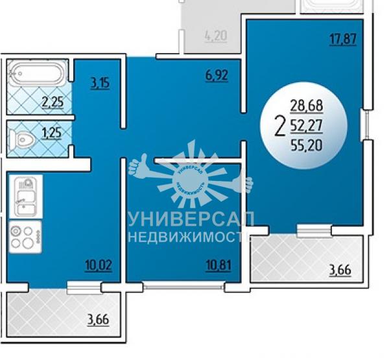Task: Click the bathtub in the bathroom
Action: [36, 74]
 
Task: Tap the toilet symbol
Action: [22, 139]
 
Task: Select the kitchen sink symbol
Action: [26, 197]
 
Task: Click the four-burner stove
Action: [25, 237]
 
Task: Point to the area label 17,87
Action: [343, 40]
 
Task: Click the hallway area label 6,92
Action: [217, 75]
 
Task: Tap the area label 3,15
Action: [100, 83]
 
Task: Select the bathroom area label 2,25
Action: [53, 102]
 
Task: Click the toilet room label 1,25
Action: [52, 133]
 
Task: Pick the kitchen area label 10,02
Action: [99, 265]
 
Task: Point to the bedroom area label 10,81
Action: [218, 265]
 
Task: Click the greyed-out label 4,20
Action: [216, 36]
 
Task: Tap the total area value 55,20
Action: [307, 145]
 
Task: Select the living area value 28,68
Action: [307, 106]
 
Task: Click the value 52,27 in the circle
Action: [307, 125]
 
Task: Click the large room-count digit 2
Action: [280, 126]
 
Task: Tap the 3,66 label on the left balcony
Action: [98, 319]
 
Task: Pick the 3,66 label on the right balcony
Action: [340, 270]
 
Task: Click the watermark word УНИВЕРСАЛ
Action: [191, 219]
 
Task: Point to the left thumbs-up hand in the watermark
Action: [145, 166]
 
